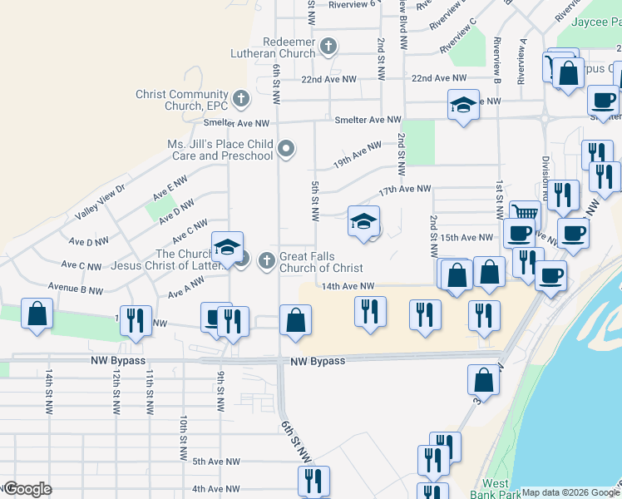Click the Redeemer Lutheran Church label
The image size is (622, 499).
277,47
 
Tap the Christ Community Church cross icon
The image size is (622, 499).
241,100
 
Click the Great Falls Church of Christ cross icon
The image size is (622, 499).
267,261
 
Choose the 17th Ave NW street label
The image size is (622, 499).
405,190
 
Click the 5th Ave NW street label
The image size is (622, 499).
215,462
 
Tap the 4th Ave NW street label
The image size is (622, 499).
215,489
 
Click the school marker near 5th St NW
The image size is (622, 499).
363,222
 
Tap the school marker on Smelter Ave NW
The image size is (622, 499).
463,106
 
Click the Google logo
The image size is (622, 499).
27,489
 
